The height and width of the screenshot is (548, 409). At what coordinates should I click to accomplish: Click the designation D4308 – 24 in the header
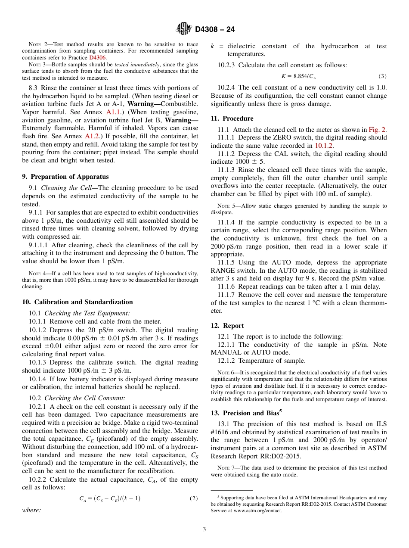pos(215,29)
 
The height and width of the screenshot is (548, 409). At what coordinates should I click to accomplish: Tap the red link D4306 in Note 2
pos(97,57)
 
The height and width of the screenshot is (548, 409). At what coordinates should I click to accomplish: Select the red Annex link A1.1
pos(113,112)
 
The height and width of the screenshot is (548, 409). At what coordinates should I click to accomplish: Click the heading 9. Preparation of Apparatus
pos(65,177)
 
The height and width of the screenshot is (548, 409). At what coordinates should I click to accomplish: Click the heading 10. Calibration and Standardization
pos(77,302)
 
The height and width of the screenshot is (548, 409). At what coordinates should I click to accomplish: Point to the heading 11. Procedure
pos(232,118)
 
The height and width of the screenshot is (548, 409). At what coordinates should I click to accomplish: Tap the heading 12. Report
pos(227,326)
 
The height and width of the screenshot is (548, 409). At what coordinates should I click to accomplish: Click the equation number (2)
pos(194,498)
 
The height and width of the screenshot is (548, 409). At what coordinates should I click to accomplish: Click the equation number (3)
pos(382,76)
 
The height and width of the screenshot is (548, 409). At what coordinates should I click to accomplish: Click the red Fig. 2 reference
pos(378,130)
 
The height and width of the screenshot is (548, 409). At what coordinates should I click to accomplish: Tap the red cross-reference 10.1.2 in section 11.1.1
pos(324,146)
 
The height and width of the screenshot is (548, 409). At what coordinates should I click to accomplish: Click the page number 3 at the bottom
pos(204,529)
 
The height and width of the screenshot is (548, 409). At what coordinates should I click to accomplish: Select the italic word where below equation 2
pos(31,510)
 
